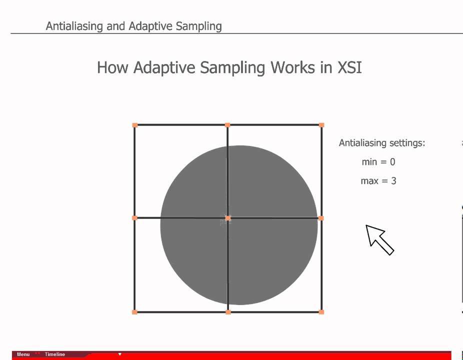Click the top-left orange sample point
tap(134, 125)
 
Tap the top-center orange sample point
tap(227, 125)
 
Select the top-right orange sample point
tap(321, 125)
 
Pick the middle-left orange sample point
tap(134, 218)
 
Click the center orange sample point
tap(228, 218)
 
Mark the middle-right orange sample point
tap(321, 218)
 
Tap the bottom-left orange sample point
tap(134, 312)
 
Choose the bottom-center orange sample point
tap(228, 312)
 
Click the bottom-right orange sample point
tap(321, 312)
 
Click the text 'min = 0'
tap(378, 162)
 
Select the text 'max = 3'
tap(378, 181)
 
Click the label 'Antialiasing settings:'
tap(381, 143)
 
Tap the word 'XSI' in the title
tap(349, 67)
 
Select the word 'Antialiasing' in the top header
tap(74, 26)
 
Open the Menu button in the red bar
tap(23, 354)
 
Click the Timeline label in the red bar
tap(54, 354)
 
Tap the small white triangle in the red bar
tap(119, 354)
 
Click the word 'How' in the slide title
tap(112, 67)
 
